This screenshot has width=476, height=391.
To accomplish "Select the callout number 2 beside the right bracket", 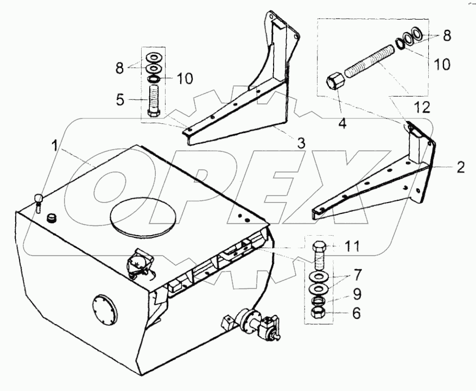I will [460, 167].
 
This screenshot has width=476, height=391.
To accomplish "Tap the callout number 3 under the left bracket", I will [301, 143].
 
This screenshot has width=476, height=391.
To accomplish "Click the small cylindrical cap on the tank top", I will [52, 218].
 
